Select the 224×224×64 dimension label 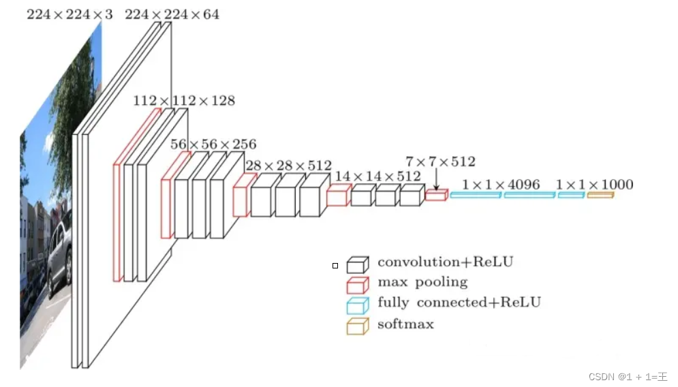tap(172, 14)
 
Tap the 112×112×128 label tap(184, 101)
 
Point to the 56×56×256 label tap(213, 144)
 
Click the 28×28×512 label tap(288, 166)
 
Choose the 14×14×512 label tap(377, 176)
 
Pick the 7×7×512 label tap(440, 161)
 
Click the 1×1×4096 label tap(501, 185)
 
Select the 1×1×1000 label tap(594, 185)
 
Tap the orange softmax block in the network tap(600, 196)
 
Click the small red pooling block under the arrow tap(436, 196)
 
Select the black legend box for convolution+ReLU tap(357, 264)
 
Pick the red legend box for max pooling tap(357, 284)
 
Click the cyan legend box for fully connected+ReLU tap(357, 305)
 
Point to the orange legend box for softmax tap(357, 326)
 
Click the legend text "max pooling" tap(422, 282)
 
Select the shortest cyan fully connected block tap(571, 196)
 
